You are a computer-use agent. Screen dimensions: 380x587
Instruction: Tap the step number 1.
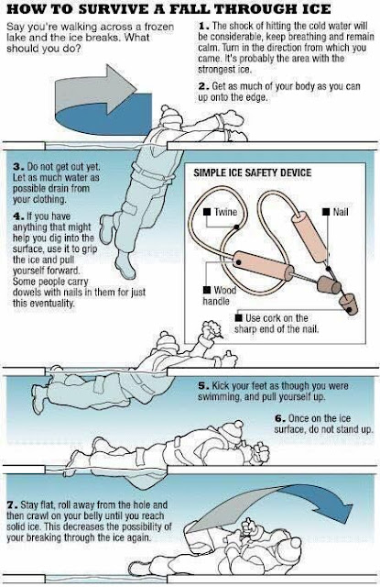click(x=203, y=27)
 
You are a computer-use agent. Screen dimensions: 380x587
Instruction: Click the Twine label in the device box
click(x=225, y=212)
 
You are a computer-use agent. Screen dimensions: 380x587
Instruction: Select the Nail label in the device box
click(x=340, y=212)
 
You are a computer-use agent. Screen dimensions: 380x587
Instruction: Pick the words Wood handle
click(x=220, y=295)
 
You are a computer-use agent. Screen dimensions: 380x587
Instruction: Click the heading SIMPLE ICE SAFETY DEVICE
click(x=252, y=173)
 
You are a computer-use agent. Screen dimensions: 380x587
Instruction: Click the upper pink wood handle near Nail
click(x=309, y=237)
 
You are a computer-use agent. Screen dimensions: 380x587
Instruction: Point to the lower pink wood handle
click(x=264, y=265)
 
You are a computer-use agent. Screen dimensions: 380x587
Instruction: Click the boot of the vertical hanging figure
click(x=125, y=265)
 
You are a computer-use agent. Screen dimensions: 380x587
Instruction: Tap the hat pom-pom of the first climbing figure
click(x=166, y=110)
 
